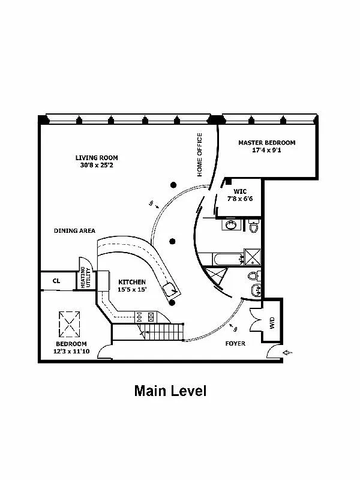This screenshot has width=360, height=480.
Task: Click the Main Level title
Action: coord(170,392)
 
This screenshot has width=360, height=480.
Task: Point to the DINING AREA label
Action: coord(74,230)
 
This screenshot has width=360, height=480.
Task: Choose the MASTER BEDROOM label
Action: coord(266,143)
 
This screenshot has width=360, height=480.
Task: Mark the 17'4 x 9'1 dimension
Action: coord(266,151)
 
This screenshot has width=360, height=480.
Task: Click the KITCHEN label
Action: coord(133,281)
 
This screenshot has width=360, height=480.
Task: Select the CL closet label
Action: coord(56,280)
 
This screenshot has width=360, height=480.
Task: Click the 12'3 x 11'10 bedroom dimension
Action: coord(71,352)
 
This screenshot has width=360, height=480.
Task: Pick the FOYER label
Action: coord(235,344)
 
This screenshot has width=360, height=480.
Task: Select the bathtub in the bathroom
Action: coord(220,259)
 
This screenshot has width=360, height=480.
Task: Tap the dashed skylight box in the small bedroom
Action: coord(71,325)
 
